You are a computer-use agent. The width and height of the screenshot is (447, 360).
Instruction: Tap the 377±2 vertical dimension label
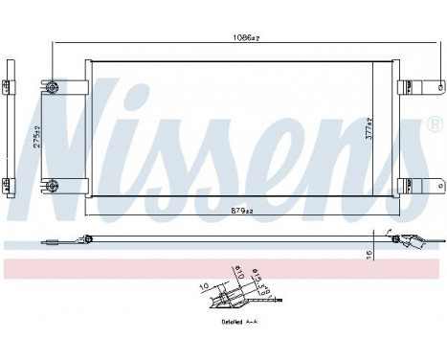(x=380, y=129)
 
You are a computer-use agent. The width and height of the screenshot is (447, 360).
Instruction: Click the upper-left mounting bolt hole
(x=53, y=88)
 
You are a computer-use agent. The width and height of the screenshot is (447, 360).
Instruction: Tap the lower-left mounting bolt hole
(x=53, y=184)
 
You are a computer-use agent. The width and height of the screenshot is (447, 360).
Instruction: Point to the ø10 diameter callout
(x=236, y=275)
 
